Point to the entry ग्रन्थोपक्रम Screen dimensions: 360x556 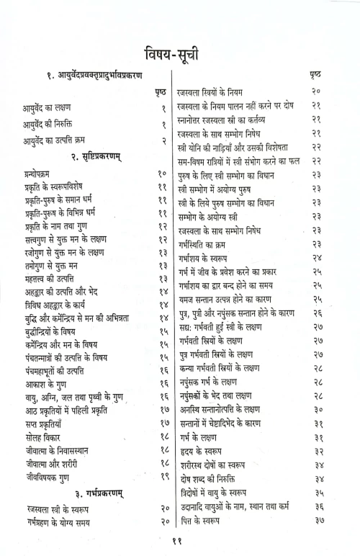(40, 174)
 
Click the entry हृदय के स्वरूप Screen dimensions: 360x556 (202, 452)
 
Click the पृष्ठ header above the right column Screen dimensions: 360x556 (315, 74)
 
